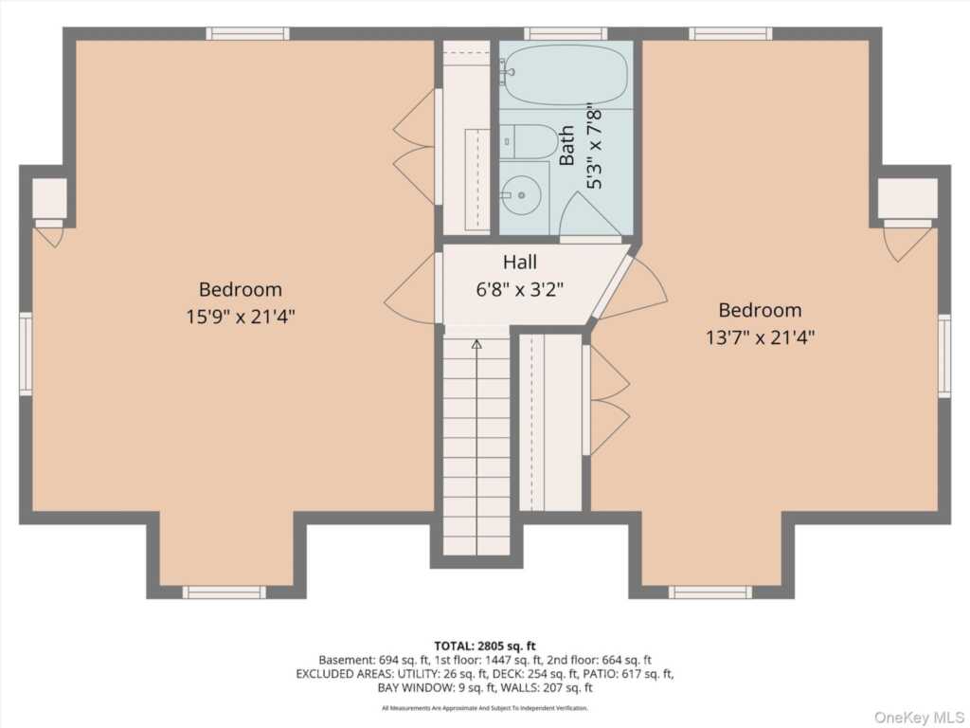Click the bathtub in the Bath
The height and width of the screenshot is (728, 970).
coord(565,75)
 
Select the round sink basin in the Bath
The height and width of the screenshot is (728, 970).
coord(522,195)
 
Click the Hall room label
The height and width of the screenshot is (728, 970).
coord(520,262)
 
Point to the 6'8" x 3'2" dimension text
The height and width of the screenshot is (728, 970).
coord(520,289)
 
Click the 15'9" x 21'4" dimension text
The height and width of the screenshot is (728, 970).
coord(240,317)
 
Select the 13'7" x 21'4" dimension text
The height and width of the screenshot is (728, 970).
coord(760,337)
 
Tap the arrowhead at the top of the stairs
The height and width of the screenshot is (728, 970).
coord(476,344)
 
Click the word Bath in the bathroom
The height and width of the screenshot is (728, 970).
coord(566,145)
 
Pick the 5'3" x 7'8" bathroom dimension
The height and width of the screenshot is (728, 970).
coord(594,146)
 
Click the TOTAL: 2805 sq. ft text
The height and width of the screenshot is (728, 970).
coord(485,646)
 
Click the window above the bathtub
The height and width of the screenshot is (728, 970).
coord(566,33)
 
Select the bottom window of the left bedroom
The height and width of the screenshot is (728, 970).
coord(225,592)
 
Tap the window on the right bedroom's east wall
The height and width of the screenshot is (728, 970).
coord(944,356)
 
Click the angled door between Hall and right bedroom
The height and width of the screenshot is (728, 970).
coord(610,285)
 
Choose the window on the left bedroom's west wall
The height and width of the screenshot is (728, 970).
coord(26,354)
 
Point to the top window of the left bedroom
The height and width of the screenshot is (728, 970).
coord(247,33)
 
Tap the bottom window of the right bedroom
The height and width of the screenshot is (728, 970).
coord(710,592)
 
